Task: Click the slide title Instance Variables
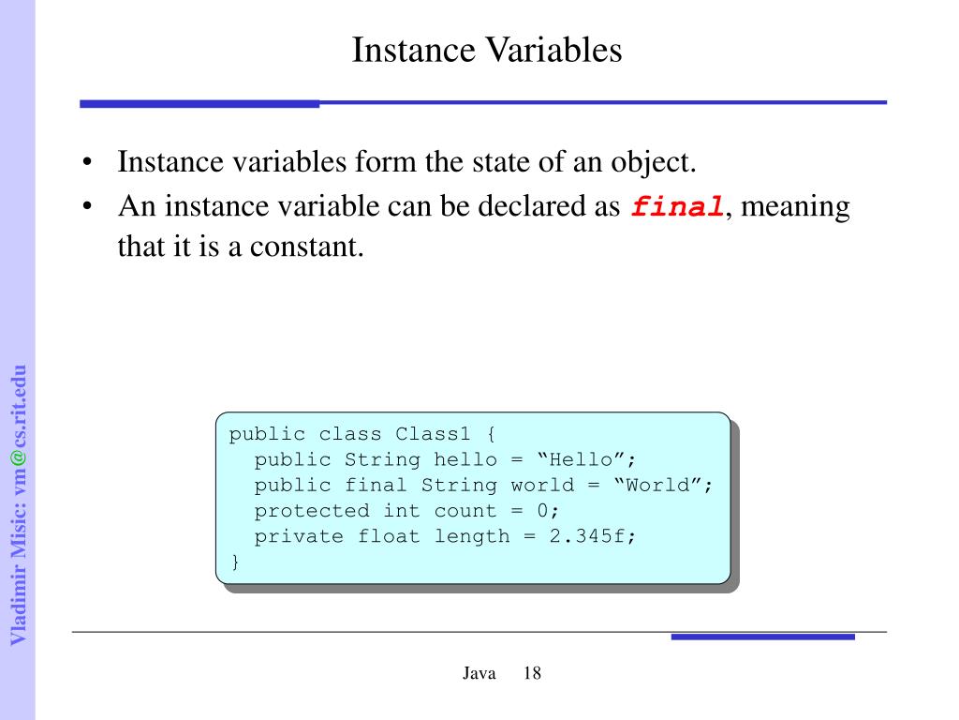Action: tap(486, 50)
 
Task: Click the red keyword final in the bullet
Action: tap(677, 207)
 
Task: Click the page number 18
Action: tap(532, 674)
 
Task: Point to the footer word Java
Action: tap(479, 674)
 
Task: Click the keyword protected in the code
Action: tap(312, 511)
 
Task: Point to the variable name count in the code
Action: tap(465, 511)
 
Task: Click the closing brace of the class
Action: tap(235, 562)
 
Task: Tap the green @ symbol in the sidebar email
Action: tap(18, 457)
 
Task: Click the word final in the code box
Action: tap(376, 485)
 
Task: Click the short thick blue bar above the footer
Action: tap(762, 637)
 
